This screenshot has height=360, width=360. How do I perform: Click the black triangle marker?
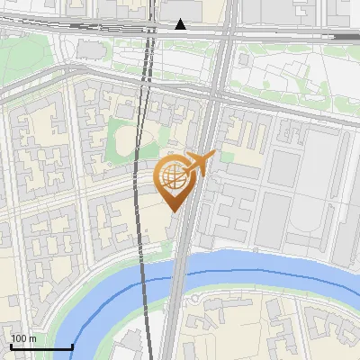pyautogui.click(x=181, y=24)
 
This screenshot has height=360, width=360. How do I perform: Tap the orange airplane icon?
pyautogui.click(x=199, y=163)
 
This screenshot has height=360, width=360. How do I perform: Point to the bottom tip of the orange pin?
pyautogui.click(x=173, y=211)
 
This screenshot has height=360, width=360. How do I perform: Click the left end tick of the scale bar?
pyautogui.click(x=11, y=346)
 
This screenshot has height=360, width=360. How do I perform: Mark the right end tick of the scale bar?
pyautogui.click(x=72, y=346)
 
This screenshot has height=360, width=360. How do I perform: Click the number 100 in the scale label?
pyautogui.click(x=17, y=338)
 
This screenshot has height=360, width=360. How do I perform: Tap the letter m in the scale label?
pyautogui.click(x=32, y=338)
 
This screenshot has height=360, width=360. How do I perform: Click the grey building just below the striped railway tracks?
pyautogui.click(x=90, y=47)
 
